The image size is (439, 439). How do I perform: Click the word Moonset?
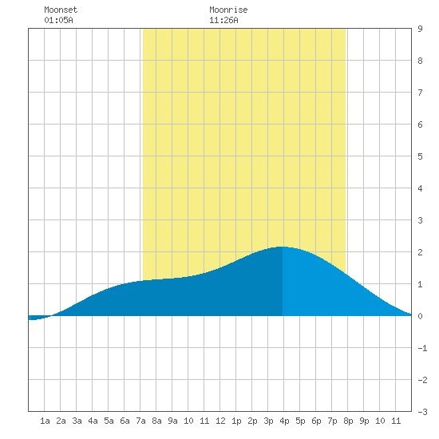point(61,10)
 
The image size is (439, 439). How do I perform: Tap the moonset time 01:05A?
point(58,20)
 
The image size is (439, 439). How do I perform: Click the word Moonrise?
point(228,10)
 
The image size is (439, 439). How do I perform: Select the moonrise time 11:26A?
point(223,20)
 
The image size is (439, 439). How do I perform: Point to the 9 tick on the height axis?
point(420,29)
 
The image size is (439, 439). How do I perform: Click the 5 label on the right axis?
point(420,156)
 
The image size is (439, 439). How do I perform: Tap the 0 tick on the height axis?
point(420,316)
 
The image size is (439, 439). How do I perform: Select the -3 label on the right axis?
point(422,412)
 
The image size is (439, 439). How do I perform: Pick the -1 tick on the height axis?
point(422,348)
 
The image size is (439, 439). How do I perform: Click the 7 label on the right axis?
point(420,93)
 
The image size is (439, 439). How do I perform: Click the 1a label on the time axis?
point(45,421)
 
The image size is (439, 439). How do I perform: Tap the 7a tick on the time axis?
point(140,421)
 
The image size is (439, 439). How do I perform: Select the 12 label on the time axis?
point(220,421)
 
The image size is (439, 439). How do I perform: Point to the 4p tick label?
point(284,421)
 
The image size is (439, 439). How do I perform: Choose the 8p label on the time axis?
point(348,421)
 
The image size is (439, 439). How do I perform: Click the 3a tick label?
point(77,421)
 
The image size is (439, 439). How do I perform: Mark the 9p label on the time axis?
point(364,421)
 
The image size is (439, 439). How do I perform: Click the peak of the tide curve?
point(283,247)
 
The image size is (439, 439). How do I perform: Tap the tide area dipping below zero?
point(38,318)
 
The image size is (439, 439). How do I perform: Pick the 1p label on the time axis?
point(236,421)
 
